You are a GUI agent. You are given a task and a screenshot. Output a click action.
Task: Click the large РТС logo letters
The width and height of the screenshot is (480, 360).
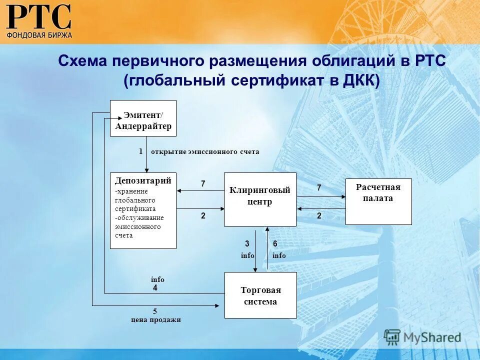pyautogui.click(x=39, y=17)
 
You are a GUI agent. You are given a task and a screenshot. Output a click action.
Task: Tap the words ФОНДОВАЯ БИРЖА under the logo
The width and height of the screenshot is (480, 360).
pyautogui.click(x=39, y=35)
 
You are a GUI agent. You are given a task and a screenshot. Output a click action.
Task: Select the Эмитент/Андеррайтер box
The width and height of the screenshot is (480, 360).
pyautogui.click(x=143, y=118)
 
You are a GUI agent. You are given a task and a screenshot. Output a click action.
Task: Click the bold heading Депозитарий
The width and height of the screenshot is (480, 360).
pyautogui.click(x=143, y=180)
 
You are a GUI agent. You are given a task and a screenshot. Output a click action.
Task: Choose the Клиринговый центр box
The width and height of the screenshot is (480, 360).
pyautogui.click(x=259, y=199)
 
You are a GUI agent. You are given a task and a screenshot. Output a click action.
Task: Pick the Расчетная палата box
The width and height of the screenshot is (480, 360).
pyautogui.click(x=378, y=201)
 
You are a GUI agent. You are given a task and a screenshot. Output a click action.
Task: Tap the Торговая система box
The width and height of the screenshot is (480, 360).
pyautogui.click(x=260, y=295)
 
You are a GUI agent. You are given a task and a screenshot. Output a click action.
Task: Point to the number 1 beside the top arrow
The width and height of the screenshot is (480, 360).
pyautogui.click(x=141, y=151)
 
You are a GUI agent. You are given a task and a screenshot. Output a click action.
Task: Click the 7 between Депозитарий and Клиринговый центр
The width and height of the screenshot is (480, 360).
pyautogui.click(x=203, y=184)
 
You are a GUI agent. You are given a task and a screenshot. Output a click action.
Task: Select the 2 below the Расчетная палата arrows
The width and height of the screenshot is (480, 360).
pyautogui.click(x=319, y=216)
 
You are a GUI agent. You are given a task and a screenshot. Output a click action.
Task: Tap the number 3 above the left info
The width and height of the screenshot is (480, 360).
pyautogui.click(x=247, y=243)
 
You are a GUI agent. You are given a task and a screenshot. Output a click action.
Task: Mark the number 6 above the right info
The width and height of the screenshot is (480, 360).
pyautogui.click(x=275, y=243)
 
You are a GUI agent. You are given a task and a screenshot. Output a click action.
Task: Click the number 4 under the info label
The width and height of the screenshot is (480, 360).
pyautogui.click(x=155, y=288)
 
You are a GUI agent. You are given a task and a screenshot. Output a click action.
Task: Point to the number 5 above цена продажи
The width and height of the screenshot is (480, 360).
pyautogui.click(x=155, y=311)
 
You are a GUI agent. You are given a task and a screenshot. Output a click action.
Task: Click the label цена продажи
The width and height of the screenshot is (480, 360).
pyautogui.click(x=155, y=320)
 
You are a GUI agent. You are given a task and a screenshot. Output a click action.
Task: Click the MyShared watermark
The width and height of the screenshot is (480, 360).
pyautogui.click(x=422, y=337)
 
